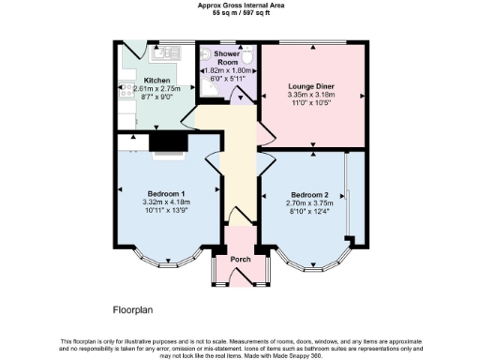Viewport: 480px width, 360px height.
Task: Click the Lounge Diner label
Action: click(313, 87)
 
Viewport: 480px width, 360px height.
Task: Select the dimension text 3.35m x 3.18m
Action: click(313, 95)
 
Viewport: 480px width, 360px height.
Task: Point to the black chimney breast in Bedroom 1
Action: click(167, 142)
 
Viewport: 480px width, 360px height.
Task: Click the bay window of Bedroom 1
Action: click(168, 256)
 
